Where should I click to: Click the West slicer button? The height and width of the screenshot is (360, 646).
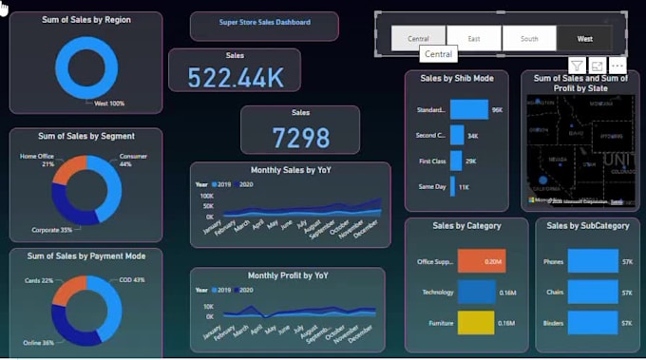pos(584,39)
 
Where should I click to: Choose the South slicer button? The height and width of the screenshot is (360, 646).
pos(528,39)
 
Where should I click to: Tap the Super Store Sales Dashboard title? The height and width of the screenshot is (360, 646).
pos(264,22)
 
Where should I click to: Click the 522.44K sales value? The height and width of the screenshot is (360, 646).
pos(235,77)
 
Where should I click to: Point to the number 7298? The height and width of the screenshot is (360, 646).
pos(300,139)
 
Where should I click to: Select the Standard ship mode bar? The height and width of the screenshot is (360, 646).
pos(468,110)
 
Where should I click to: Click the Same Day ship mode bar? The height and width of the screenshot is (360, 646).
pos(453,186)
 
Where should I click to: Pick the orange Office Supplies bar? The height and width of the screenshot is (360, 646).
pos(481,261)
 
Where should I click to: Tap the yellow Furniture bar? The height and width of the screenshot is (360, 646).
pos(476,323)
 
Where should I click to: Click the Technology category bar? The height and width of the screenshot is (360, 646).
pos(476,292)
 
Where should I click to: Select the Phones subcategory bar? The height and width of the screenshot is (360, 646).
pos(592,261)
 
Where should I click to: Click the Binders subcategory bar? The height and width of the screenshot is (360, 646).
pos(592,324)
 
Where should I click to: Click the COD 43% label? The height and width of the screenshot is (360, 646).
pos(133,280)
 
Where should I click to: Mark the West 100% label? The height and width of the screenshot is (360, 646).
pos(108,103)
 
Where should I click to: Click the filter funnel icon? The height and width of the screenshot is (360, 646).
pos(576,65)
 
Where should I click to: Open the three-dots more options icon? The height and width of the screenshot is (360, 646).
pos(617,65)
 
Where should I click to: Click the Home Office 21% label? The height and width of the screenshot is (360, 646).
pos(37,160)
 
